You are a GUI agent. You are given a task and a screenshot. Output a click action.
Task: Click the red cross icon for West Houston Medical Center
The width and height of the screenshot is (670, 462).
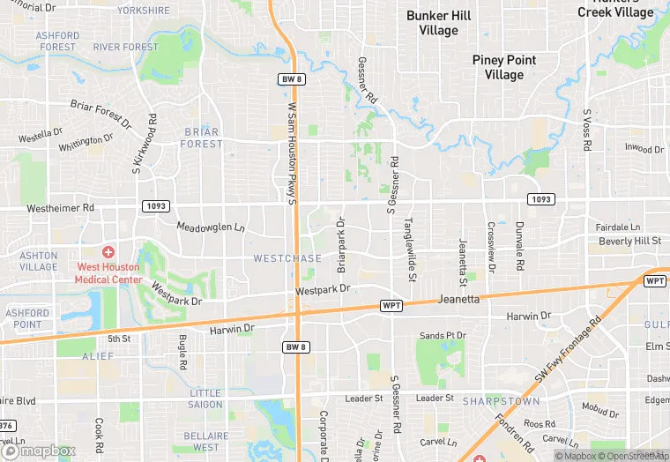coord(108,252)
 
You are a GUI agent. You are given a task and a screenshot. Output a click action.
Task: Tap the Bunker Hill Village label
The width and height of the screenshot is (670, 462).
coord(438,23)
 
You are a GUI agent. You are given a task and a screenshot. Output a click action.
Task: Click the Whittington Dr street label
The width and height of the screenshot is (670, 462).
coord(86,142)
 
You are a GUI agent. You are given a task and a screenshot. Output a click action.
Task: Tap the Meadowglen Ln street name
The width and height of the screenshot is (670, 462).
coord(210,227)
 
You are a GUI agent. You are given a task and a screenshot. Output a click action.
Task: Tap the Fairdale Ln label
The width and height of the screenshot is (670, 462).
coord(617,227)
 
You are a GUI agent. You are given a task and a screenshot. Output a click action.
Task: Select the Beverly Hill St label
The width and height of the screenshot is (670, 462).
coord(629,241)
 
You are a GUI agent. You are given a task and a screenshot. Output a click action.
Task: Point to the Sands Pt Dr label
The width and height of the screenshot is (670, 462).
coord(443,336)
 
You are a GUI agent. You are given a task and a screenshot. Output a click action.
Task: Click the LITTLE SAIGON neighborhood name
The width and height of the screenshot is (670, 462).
coord(205,399)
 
